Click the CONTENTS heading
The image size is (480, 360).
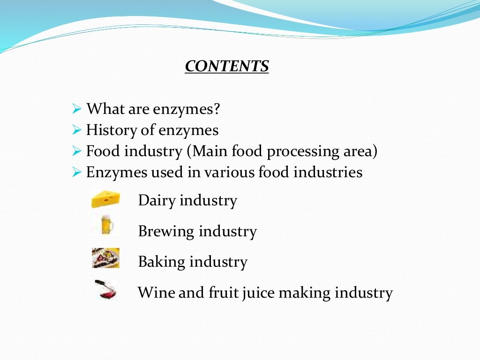coord(227,66)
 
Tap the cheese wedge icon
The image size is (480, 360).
coord(105,199)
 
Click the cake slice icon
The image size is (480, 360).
coord(105,258)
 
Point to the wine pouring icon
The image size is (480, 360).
coord(106,289)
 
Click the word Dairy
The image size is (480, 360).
coord(157,201)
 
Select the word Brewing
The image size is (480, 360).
coord(166,232)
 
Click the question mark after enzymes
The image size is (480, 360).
coord(216,109)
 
